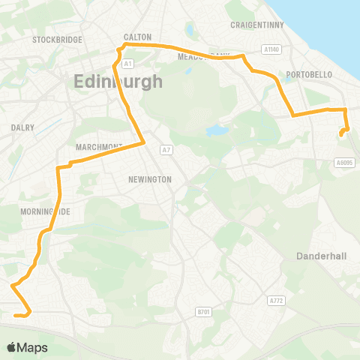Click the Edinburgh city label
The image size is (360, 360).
pos(118,81)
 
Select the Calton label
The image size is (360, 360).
pos(137,37)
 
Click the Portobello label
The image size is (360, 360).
pos(309,75)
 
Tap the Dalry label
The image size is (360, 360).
pos(22,127)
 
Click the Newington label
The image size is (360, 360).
pos(150,179)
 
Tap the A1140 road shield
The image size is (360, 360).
pos(271,49)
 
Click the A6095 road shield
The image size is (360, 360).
pos(344,161)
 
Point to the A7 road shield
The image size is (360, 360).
pos(166,150)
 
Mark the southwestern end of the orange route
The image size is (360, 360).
pos(15,316)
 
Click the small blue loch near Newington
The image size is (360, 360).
pos(217,130)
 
